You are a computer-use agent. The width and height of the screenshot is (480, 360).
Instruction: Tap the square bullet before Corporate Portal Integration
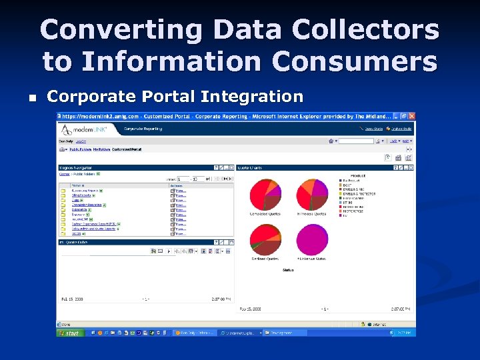[x=31, y=97]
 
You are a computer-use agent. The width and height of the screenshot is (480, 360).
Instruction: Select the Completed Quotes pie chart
[x=265, y=195]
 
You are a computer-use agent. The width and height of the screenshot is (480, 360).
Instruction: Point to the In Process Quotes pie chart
[x=312, y=195]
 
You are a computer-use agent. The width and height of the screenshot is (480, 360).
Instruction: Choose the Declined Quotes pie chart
[x=265, y=240]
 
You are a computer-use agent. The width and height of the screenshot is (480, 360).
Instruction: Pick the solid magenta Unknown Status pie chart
[x=312, y=240]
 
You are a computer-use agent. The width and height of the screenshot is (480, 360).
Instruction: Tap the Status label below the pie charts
[x=288, y=270]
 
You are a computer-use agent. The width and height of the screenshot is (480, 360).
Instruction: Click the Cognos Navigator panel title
[x=75, y=167]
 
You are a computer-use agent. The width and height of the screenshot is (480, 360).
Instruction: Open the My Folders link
[x=101, y=149]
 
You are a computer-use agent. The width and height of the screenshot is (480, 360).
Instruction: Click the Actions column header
[x=177, y=185]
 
